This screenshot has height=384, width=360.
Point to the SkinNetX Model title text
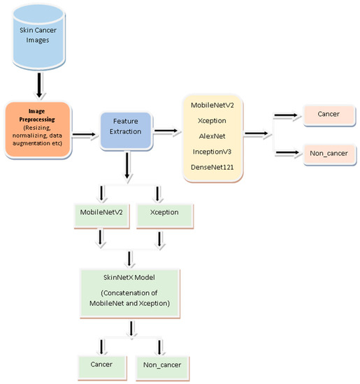point(131,277)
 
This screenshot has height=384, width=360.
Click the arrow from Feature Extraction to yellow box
point(166,129)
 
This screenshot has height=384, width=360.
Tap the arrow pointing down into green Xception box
point(160,193)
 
